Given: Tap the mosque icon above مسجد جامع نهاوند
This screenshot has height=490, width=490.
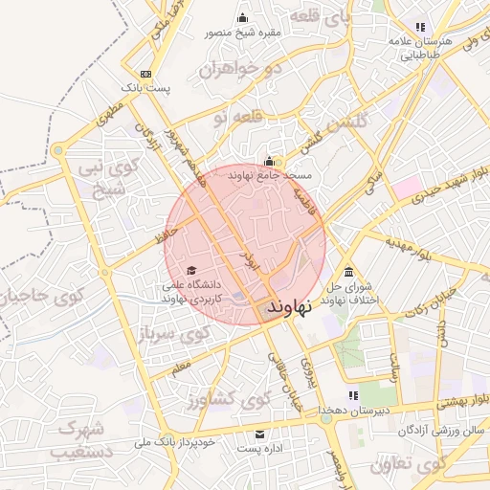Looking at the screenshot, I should pyautogui.click(x=271, y=162).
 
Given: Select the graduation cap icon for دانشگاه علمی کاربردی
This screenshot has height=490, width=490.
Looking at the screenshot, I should pyautogui.click(x=190, y=271).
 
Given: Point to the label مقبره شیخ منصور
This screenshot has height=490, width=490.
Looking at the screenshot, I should pyautogui.click(x=242, y=33).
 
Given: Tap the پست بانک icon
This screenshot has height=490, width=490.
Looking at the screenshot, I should pyautogui.click(x=145, y=74).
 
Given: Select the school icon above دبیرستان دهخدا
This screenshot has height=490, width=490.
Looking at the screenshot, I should pyautogui.click(x=353, y=395).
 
